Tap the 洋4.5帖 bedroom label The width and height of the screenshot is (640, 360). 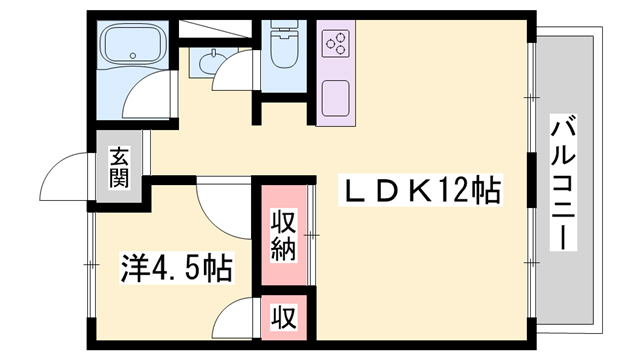point(177,267)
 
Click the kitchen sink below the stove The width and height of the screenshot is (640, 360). point(335,100)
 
